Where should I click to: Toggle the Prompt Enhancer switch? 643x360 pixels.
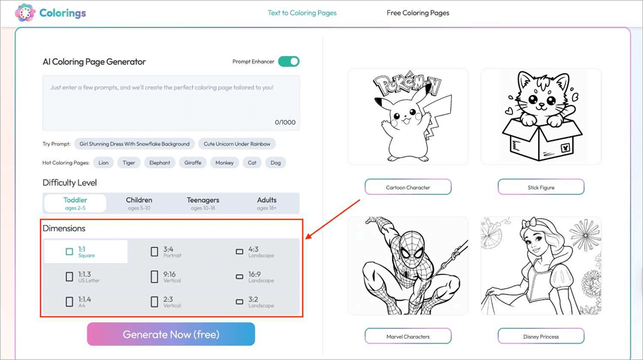pyautogui.click(x=289, y=62)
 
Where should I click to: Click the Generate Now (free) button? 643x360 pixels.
pyautogui.click(x=171, y=334)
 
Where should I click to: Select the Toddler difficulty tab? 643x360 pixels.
pyautogui.click(x=75, y=203)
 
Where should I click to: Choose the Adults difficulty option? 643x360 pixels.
pyautogui.click(x=267, y=203)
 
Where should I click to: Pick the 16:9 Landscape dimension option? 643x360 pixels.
pyautogui.click(x=255, y=277)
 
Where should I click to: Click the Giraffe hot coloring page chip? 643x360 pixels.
pyautogui.click(x=193, y=163)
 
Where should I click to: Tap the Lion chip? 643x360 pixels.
pyautogui.click(x=104, y=163)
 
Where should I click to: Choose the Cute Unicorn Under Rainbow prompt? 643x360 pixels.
pyautogui.click(x=237, y=144)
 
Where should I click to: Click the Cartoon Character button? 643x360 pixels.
pyautogui.click(x=408, y=187)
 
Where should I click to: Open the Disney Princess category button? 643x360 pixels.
pyautogui.click(x=541, y=336)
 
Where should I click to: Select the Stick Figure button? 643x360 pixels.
pyautogui.click(x=541, y=187)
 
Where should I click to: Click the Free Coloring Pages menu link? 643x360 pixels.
pyautogui.click(x=418, y=13)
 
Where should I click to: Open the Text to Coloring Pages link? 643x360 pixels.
pyautogui.click(x=302, y=13)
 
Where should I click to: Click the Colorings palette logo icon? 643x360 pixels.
pyautogui.click(x=25, y=13)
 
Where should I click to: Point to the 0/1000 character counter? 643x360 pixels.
pyautogui.click(x=285, y=122)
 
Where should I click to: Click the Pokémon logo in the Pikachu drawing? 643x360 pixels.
pyautogui.click(x=407, y=85)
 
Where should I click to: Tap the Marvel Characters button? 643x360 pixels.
pyautogui.click(x=408, y=336)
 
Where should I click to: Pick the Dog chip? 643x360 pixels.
pyautogui.click(x=276, y=163)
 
